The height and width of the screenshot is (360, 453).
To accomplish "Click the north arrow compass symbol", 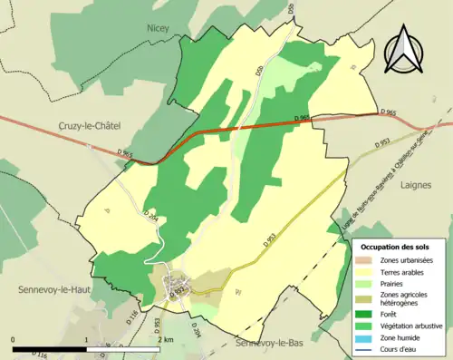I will click(x=404, y=49).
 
